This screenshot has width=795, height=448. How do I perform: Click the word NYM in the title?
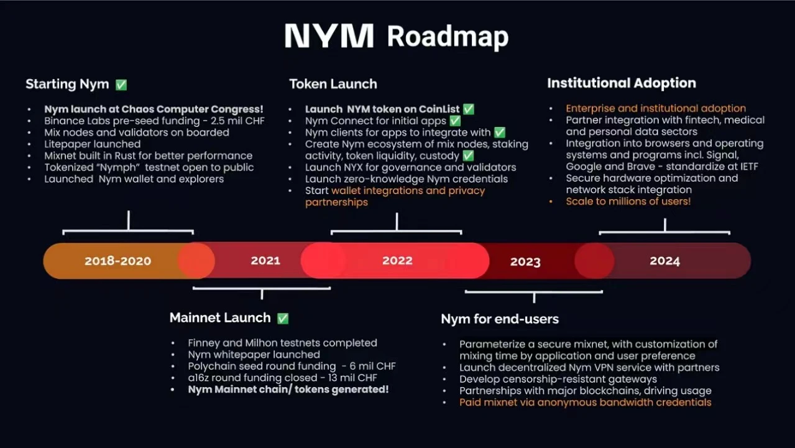point(329,35)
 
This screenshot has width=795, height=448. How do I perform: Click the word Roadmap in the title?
point(448,37)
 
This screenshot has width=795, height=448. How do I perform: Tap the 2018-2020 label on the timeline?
point(118,261)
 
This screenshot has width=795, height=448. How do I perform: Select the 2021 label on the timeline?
point(265,261)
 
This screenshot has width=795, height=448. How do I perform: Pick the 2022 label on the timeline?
point(397,261)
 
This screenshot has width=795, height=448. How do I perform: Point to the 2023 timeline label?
point(525,262)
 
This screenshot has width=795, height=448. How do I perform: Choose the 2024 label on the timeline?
point(664,261)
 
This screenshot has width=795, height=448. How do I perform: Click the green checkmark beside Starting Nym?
point(121,85)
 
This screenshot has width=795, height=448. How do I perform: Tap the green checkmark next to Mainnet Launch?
point(283,319)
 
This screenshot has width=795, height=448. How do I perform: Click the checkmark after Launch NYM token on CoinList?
point(469,109)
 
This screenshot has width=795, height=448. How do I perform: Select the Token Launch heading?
point(333,84)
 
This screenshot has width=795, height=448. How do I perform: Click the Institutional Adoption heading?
point(622,83)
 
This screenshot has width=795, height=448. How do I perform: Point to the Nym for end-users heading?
point(500,319)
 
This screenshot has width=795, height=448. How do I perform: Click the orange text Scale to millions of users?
point(628,202)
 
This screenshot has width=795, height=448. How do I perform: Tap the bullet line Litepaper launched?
point(92,144)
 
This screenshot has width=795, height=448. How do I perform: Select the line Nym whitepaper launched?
point(254,355)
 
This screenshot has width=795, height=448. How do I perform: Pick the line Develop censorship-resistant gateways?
point(558,379)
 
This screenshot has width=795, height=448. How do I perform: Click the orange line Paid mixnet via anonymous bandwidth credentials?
point(586,403)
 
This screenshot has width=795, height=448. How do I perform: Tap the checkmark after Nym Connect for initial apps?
point(455,121)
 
